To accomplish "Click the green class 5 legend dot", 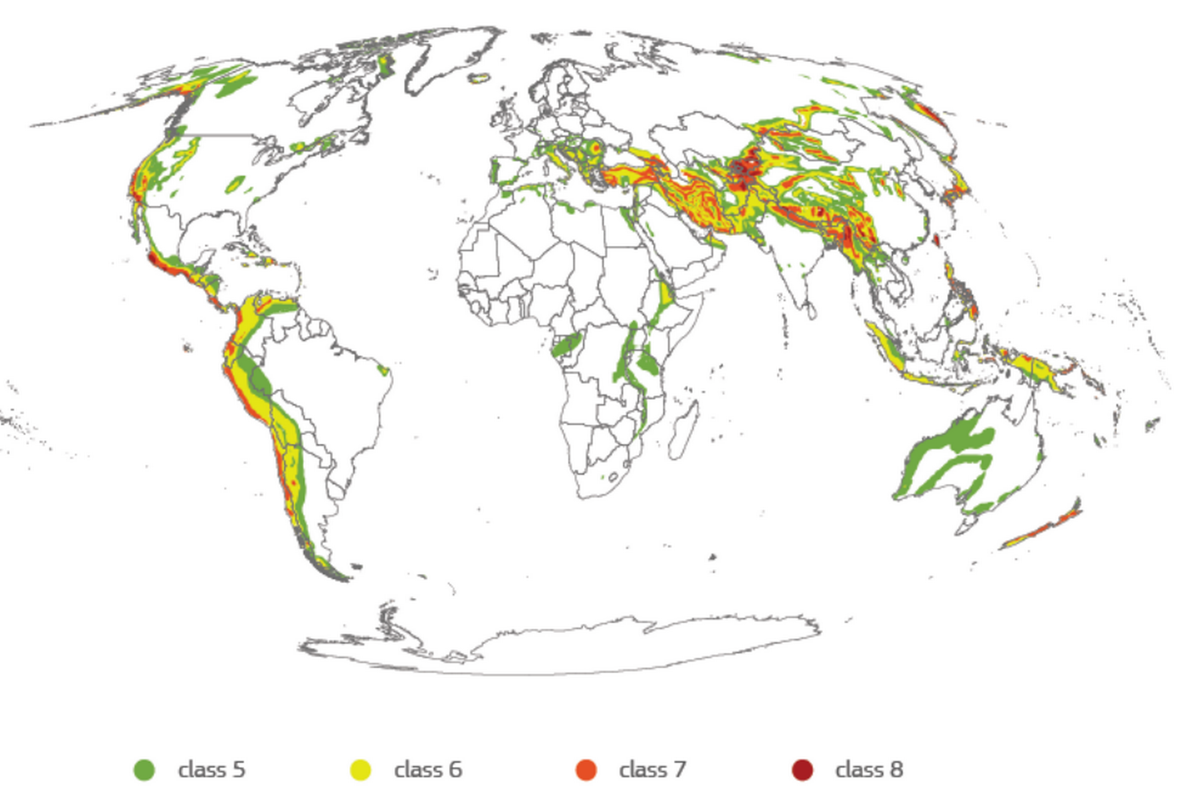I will (144, 769).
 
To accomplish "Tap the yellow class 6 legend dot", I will (361, 769).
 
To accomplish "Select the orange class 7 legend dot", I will (586, 769).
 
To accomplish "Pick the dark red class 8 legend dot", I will (803, 769).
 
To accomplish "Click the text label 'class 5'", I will (212, 769).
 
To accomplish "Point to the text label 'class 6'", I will (428, 769).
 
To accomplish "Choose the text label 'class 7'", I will (652, 769).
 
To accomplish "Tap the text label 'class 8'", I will (869, 769).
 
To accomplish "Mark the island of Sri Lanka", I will (812, 310).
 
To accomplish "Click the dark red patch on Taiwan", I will (936, 240).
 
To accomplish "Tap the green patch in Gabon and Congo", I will (565, 344).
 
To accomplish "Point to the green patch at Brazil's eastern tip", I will (384, 369).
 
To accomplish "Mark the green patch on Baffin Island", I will (386, 66).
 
